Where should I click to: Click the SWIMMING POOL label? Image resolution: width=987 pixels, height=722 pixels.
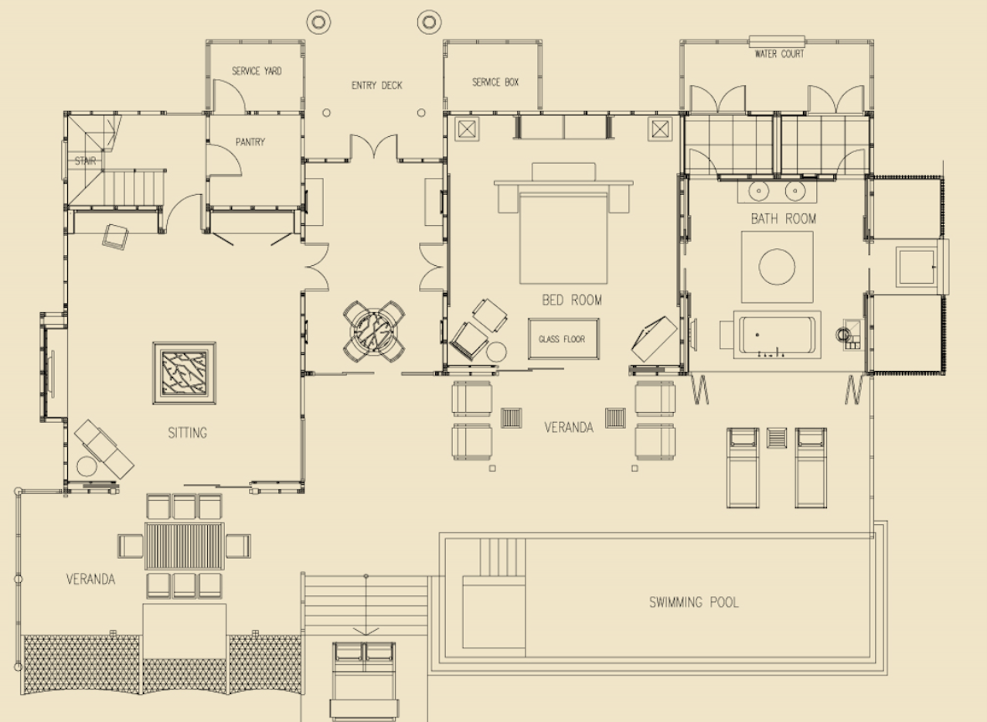pyautogui.click(x=694, y=601)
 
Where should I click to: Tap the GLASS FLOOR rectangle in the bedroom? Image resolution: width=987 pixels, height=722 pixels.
pyautogui.click(x=563, y=339)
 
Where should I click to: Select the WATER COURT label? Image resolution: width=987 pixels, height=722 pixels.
pyautogui.click(x=779, y=54)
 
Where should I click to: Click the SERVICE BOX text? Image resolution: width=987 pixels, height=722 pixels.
pyautogui.click(x=495, y=82)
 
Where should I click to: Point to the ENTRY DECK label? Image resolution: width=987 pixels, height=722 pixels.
pyautogui.click(x=376, y=85)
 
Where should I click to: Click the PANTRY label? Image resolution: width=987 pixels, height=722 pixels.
pyautogui.click(x=250, y=142)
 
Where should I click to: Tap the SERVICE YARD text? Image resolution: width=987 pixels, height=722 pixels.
pyautogui.click(x=257, y=71)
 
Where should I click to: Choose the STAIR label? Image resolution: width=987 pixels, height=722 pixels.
pyautogui.click(x=85, y=161)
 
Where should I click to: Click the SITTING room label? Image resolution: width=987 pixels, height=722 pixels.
pyautogui.click(x=187, y=433)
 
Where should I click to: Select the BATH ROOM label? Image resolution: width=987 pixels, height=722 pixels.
pyautogui.click(x=784, y=219)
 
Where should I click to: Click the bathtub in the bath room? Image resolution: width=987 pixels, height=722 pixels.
pyautogui.click(x=777, y=335)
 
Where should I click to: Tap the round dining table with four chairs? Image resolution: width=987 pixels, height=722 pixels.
pyautogui.click(x=374, y=332)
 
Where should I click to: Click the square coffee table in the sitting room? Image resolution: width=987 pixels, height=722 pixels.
pyautogui.click(x=184, y=373)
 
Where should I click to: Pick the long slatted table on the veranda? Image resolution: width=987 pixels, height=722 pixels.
pyautogui.click(x=184, y=546)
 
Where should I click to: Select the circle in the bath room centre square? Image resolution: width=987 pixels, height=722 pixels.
pyautogui.click(x=777, y=267)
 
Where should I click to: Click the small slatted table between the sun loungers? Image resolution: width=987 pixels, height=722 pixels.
pyautogui.click(x=777, y=438)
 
